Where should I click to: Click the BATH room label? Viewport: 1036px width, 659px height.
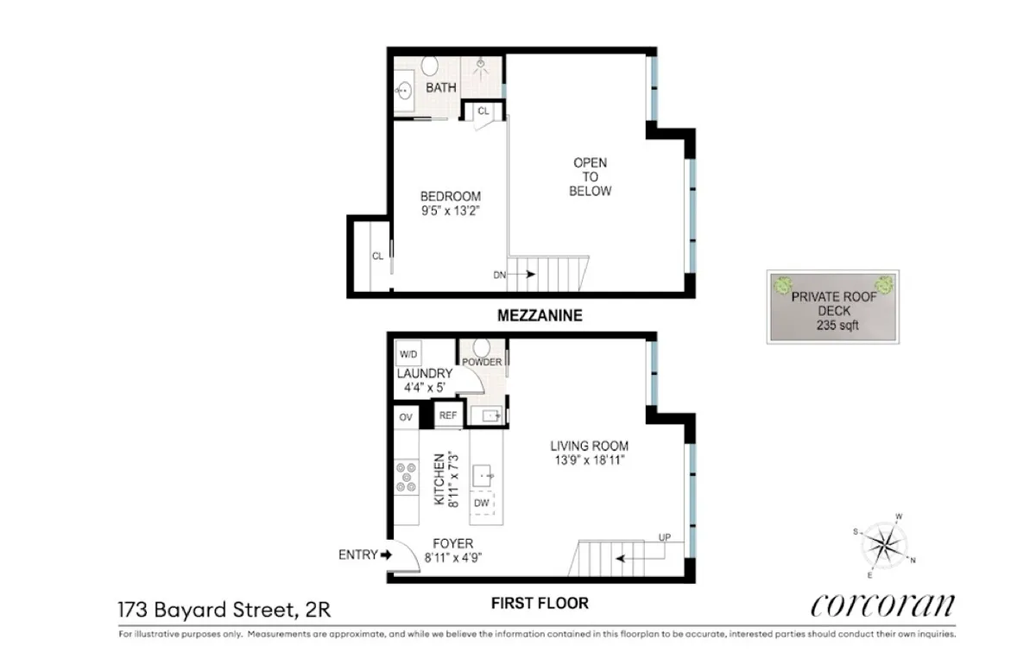click(x=440, y=88)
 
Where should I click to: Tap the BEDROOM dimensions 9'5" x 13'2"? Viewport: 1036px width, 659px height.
click(x=450, y=211)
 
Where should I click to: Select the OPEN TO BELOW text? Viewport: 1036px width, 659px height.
click(x=590, y=177)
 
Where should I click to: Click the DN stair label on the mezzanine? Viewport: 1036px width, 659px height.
click(x=499, y=275)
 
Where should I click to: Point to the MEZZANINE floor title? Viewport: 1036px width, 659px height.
click(x=540, y=316)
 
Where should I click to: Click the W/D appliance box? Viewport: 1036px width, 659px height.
click(x=407, y=354)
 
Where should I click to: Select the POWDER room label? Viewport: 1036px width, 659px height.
click(x=482, y=362)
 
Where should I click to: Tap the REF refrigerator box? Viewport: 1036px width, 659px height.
click(x=448, y=415)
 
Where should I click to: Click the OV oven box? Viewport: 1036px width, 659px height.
click(x=406, y=418)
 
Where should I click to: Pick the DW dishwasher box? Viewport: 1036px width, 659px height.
click(x=482, y=504)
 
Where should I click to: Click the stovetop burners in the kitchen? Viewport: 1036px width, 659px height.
click(x=406, y=478)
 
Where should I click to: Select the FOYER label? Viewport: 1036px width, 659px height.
click(x=452, y=543)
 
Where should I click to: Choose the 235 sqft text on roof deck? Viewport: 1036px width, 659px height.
click(x=833, y=326)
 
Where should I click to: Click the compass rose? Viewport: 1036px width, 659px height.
click(x=884, y=546)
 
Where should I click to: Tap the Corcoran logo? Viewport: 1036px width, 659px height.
click(x=882, y=605)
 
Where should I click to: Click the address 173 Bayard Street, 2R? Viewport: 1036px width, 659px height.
click(x=224, y=611)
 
